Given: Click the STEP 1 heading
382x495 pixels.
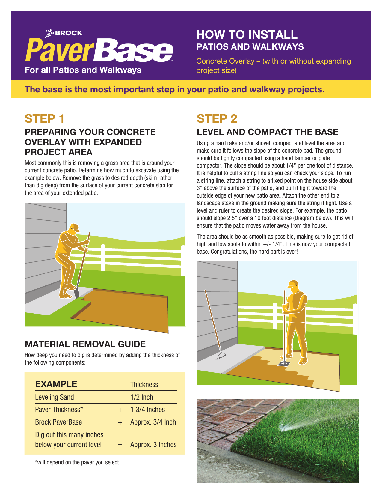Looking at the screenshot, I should (44, 119).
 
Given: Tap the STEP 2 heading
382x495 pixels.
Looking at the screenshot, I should (217, 119).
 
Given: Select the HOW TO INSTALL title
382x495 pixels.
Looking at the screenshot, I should (247, 35).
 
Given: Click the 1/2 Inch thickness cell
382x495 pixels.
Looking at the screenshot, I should (141, 397).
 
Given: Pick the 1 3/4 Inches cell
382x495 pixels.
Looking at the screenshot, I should (147, 410).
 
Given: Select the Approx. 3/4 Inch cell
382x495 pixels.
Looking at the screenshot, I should (153, 422).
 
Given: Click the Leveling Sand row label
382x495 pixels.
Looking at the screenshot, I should (54, 397).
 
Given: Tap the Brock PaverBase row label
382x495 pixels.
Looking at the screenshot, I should (58, 422).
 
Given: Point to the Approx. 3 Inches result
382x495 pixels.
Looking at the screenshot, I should (153, 445).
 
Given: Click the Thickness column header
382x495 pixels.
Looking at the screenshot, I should (144, 385).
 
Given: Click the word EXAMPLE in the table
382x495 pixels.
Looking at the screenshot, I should (56, 384).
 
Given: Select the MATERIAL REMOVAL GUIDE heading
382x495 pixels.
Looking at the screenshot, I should (85, 344).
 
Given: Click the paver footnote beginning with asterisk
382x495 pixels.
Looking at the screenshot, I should (78, 462).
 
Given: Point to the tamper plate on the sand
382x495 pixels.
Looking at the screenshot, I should (283, 363).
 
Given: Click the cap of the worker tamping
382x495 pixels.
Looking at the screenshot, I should (293, 283).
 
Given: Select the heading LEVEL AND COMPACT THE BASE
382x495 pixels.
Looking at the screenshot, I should (267, 132).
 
